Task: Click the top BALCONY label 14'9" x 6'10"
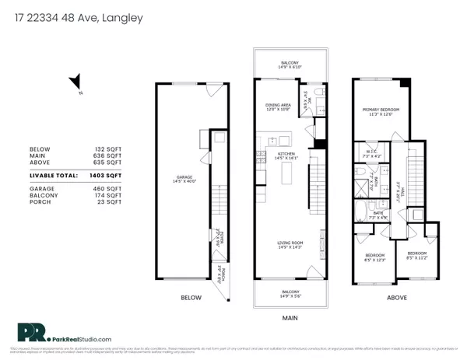point(289,64)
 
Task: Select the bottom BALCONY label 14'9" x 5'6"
point(289,294)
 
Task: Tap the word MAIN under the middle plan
point(289,317)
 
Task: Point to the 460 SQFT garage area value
point(109,189)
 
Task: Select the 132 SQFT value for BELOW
point(109,149)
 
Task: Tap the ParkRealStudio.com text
point(87,339)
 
